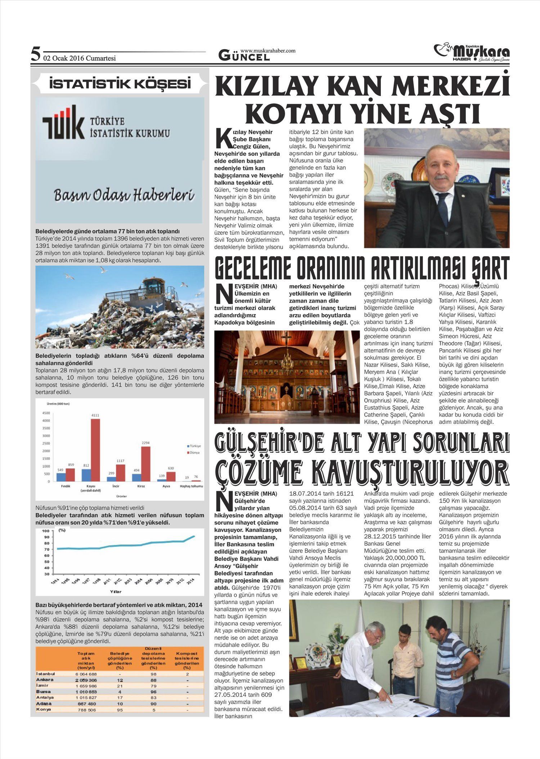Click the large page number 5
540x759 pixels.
click(35, 54)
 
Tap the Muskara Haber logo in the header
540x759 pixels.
click(472, 53)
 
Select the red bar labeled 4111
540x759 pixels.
click(95, 450)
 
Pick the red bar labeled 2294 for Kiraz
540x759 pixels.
click(145, 464)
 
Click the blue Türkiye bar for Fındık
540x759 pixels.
click(61, 477)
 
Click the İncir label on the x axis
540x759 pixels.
click(116, 486)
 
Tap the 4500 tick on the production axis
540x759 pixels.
click(46, 413)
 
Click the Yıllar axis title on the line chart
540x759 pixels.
click(116, 592)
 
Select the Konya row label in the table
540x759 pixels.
click(44, 709)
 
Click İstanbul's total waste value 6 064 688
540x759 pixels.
click(86, 674)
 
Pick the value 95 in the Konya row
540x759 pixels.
click(120, 710)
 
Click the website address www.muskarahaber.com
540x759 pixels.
click(268, 51)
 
